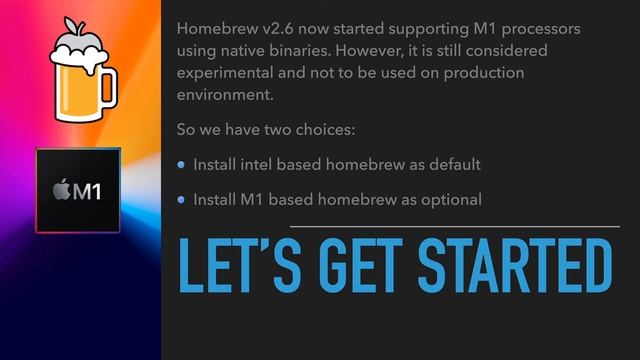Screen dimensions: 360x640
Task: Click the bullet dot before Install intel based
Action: click(x=181, y=165)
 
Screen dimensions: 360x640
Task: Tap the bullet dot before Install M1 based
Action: click(x=181, y=200)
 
